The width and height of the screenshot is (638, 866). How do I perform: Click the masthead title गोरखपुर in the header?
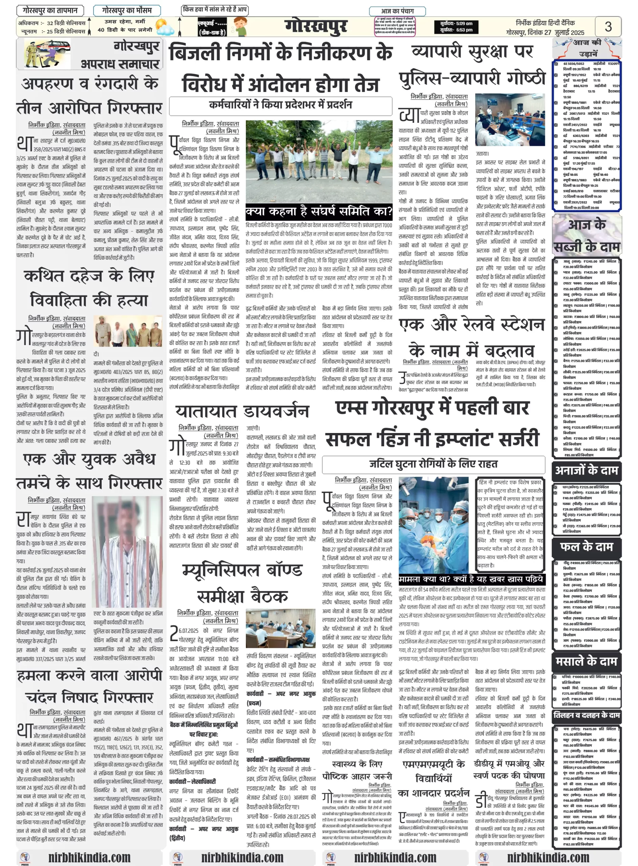pyautogui.click(x=316, y=26)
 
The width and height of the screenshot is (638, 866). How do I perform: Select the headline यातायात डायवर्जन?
pyautogui.click(x=242, y=412)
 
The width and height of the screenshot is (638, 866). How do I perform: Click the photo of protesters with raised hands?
pyautogui.click(x=319, y=161)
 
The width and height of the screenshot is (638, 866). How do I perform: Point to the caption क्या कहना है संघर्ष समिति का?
pyautogui.click(x=319, y=212)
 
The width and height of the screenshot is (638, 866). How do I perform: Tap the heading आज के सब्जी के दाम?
pyautogui.click(x=586, y=235)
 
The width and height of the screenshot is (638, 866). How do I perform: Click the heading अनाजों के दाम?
pyautogui.click(x=586, y=471)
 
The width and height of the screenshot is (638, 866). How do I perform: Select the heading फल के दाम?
pyautogui.click(x=586, y=547)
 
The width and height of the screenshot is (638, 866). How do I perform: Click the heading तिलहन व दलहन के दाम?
pyautogui.click(x=586, y=715)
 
